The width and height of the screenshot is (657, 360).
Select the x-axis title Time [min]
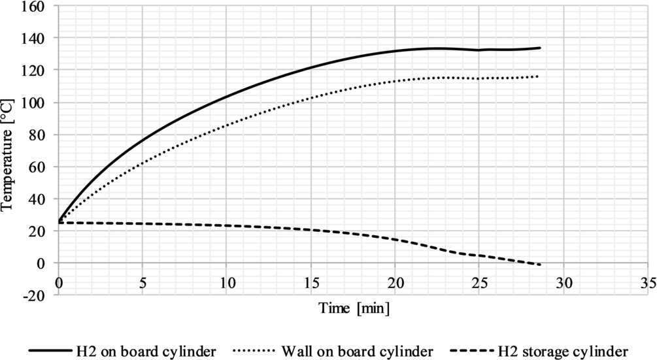354,308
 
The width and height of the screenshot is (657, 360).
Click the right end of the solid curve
540,48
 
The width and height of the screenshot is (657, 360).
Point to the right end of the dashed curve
540,265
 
